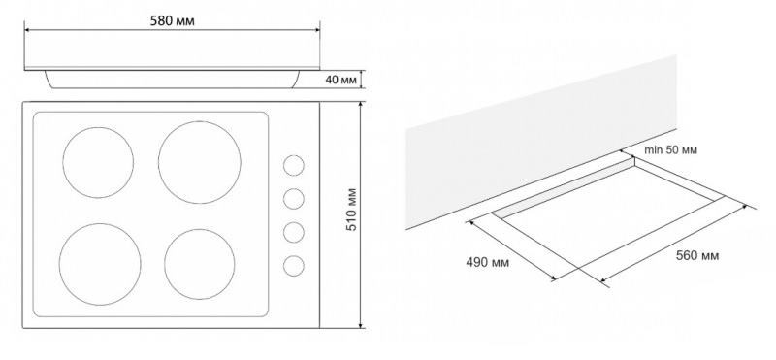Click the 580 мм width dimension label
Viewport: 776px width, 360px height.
pyautogui.click(x=172, y=20)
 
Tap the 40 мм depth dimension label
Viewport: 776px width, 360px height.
pyautogui.click(x=341, y=80)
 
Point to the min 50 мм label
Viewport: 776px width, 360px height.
pyautogui.click(x=670, y=150)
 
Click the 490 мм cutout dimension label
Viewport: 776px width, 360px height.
pyautogui.click(x=487, y=262)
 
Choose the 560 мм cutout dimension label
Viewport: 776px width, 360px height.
pyautogui.click(x=697, y=255)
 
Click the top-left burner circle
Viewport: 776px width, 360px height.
pyautogui.click(x=98, y=162)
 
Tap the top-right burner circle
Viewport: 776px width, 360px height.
pyautogui.click(x=200, y=162)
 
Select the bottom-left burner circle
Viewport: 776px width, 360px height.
pyautogui.click(x=100, y=264)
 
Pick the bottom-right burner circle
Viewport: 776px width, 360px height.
pyautogui.click(x=200, y=264)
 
